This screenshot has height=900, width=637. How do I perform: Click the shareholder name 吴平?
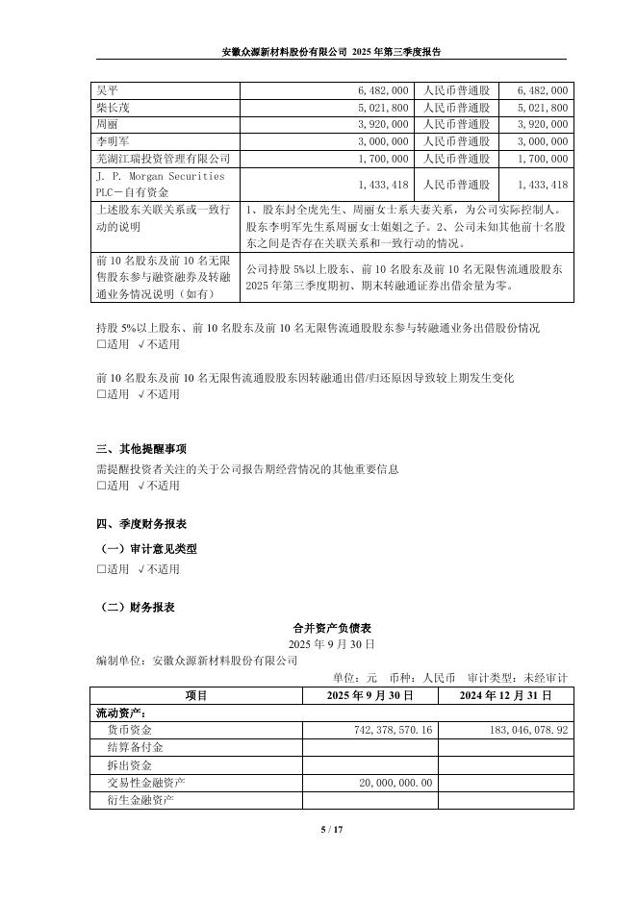click(x=107, y=89)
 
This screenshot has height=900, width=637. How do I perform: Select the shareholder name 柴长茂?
click(x=113, y=107)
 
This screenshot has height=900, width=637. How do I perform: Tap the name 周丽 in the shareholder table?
click(x=107, y=124)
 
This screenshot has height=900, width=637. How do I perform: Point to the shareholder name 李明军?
click(x=113, y=141)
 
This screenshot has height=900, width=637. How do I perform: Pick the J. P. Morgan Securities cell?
click(x=161, y=177)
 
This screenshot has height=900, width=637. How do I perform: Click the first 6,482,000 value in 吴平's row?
click(x=383, y=89)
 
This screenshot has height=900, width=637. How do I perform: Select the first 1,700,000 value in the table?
click(x=383, y=159)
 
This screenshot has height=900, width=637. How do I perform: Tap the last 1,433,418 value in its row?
click(x=542, y=185)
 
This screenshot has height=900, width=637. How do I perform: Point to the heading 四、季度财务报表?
click(x=141, y=524)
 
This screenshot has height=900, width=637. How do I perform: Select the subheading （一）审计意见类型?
click(x=149, y=548)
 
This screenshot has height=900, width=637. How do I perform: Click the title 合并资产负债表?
click(x=331, y=626)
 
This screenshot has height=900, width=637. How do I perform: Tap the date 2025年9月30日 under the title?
click(x=331, y=642)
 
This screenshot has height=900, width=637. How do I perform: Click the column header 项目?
click(x=196, y=695)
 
